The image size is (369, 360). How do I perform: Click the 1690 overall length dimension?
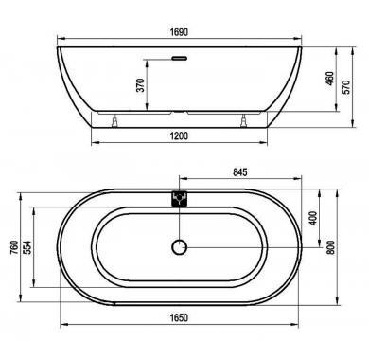179,32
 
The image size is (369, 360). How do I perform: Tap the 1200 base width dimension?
179,136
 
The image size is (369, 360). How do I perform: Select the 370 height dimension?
140,85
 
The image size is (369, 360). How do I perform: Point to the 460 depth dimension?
329,79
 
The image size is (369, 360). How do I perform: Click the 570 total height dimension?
346,87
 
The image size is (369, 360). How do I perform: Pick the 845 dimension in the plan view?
240,172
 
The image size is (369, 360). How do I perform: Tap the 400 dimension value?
313,218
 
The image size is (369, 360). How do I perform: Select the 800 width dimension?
330,247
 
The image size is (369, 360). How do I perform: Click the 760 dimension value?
14,248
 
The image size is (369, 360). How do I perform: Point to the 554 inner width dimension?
27,248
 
